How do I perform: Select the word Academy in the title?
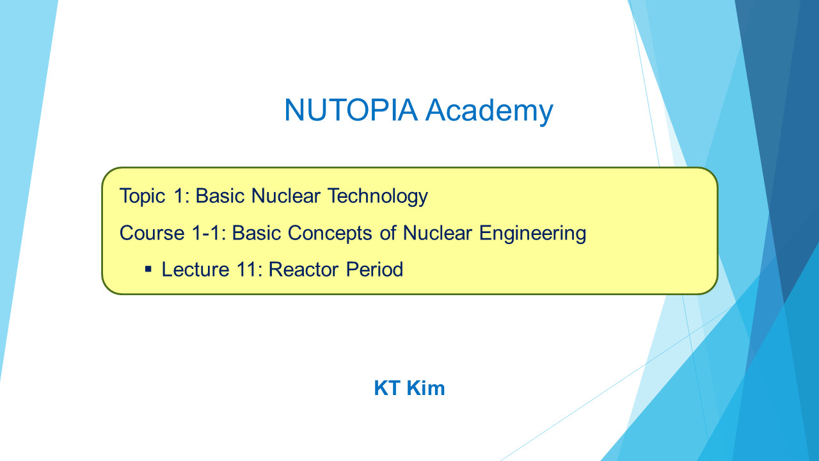(x=489, y=111)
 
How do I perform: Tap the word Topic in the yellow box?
(x=143, y=197)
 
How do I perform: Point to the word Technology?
(x=378, y=197)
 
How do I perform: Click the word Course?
(x=152, y=233)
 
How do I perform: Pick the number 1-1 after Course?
(x=209, y=232)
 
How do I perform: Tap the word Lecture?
(x=196, y=270)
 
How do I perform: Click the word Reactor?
(x=304, y=270)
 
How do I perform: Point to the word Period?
(x=374, y=270)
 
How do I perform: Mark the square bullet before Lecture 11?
(x=148, y=270)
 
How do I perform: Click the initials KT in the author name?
(x=387, y=388)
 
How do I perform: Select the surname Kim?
(x=425, y=388)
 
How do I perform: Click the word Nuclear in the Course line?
(x=437, y=233)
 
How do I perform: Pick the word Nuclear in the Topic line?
(x=286, y=196)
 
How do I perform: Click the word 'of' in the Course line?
(x=388, y=233)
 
